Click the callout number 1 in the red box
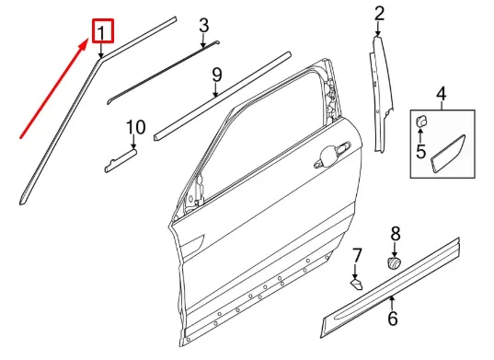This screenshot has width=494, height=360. [x=102, y=34]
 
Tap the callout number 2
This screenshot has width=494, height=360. [x=379, y=13]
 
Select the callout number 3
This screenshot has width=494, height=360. [x=203, y=25]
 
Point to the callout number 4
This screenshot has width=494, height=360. [x=440, y=94]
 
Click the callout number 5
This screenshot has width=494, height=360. [x=420, y=151]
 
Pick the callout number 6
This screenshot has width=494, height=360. [x=392, y=319]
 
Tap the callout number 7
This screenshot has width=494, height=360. [x=358, y=255]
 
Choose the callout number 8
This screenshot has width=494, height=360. [x=396, y=234]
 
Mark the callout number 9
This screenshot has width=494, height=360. [x=216, y=74]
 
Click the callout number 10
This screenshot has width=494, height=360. [x=135, y=126]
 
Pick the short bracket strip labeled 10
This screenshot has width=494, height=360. [x=120, y=160]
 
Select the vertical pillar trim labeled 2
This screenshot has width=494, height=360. [x=379, y=92]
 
